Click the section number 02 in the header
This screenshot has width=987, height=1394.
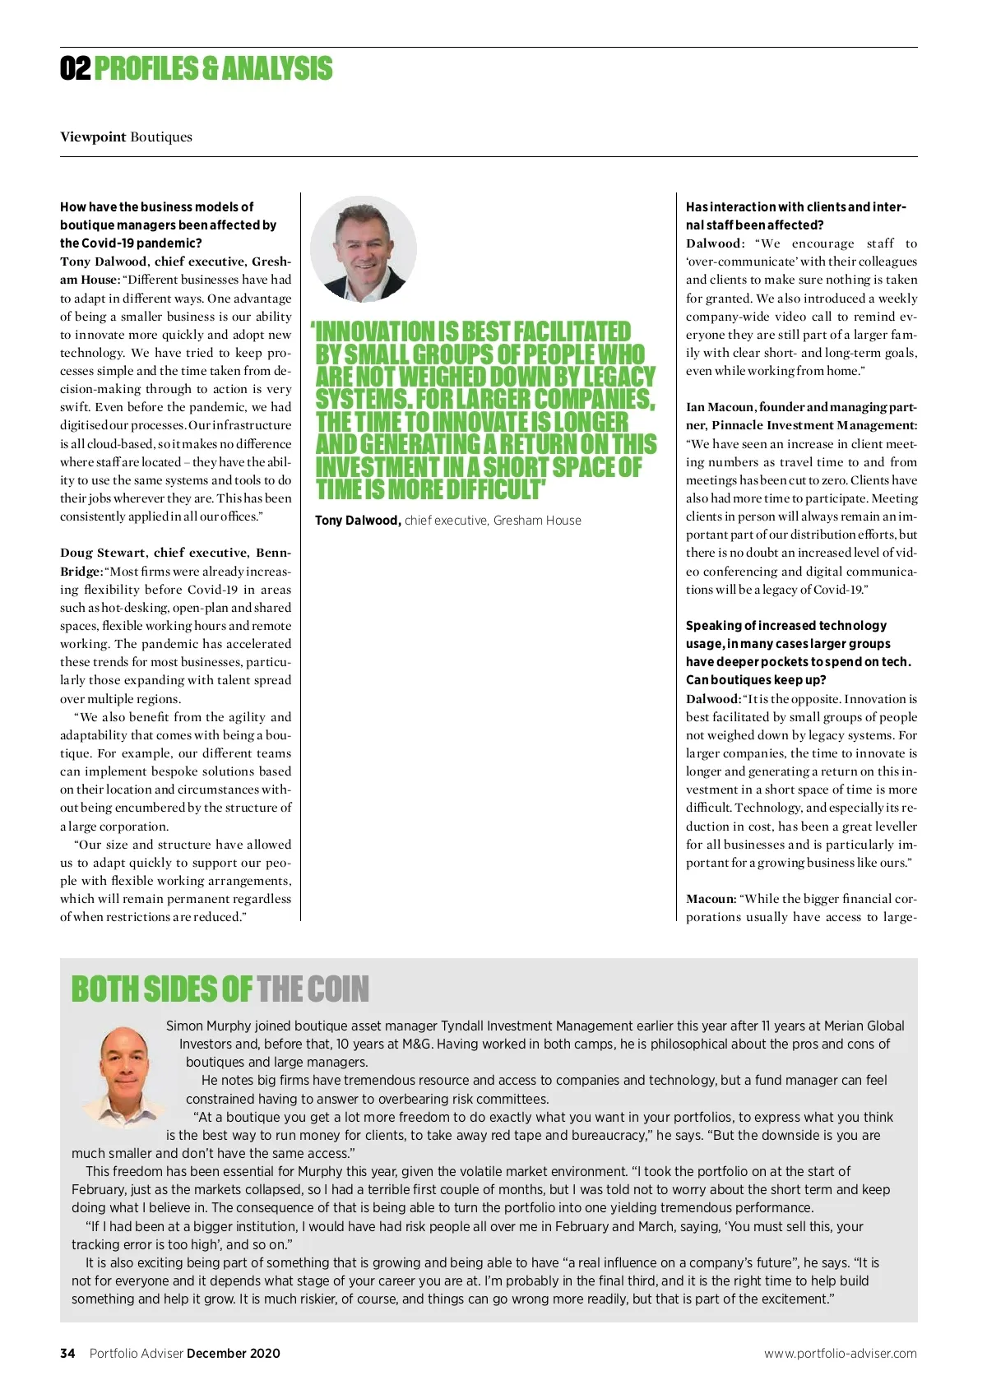pyautogui.click(x=75, y=69)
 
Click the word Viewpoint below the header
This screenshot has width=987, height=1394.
pyautogui.click(x=93, y=137)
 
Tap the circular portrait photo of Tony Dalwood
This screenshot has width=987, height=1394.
pyautogui.click(x=364, y=249)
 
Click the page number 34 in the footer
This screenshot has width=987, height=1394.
pyautogui.click(x=67, y=1353)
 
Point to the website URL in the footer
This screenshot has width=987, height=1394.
pyautogui.click(x=840, y=1353)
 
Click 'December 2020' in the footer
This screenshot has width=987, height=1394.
pyautogui.click(x=234, y=1353)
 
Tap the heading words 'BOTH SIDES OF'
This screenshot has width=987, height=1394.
pyautogui.click(x=162, y=989)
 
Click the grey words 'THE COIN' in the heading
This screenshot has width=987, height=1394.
pyautogui.click(x=313, y=989)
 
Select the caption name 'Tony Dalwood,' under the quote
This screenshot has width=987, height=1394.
pyautogui.click(x=358, y=521)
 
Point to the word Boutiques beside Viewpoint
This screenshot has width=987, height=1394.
pyautogui.click(x=161, y=137)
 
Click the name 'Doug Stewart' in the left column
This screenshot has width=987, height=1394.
pyautogui.click(x=103, y=553)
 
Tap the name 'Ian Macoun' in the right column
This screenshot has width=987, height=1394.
pyautogui.click(x=720, y=407)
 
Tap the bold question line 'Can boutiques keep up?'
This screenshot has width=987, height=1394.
pyautogui.click(x=756, y=680)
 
